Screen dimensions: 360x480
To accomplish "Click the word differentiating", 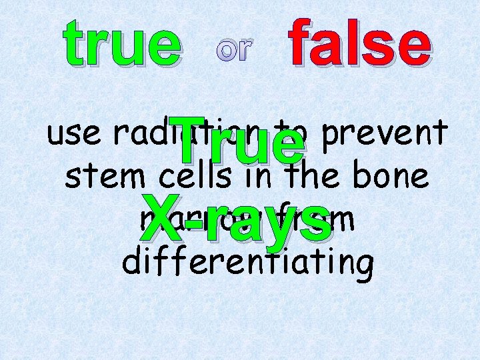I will tap(247, 262).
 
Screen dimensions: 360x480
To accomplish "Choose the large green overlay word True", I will tap(237, 142).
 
